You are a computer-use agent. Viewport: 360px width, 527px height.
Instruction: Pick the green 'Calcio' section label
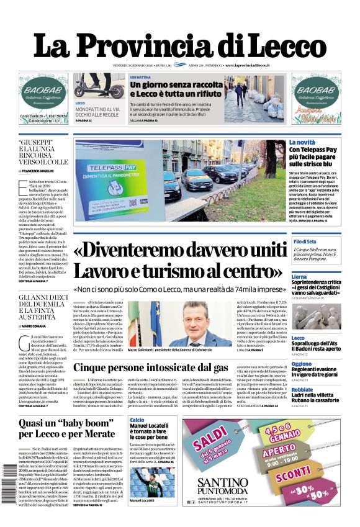tap(137, 420)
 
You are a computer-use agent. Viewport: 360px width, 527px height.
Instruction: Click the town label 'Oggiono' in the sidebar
tap(302, 364)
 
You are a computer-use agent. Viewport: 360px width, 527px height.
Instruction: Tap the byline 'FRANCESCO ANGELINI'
tap(44, 171)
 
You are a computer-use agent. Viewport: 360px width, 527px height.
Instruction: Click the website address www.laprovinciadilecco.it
tap(255, 65)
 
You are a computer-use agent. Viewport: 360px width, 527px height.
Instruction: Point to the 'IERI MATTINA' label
tap(141, 77)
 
